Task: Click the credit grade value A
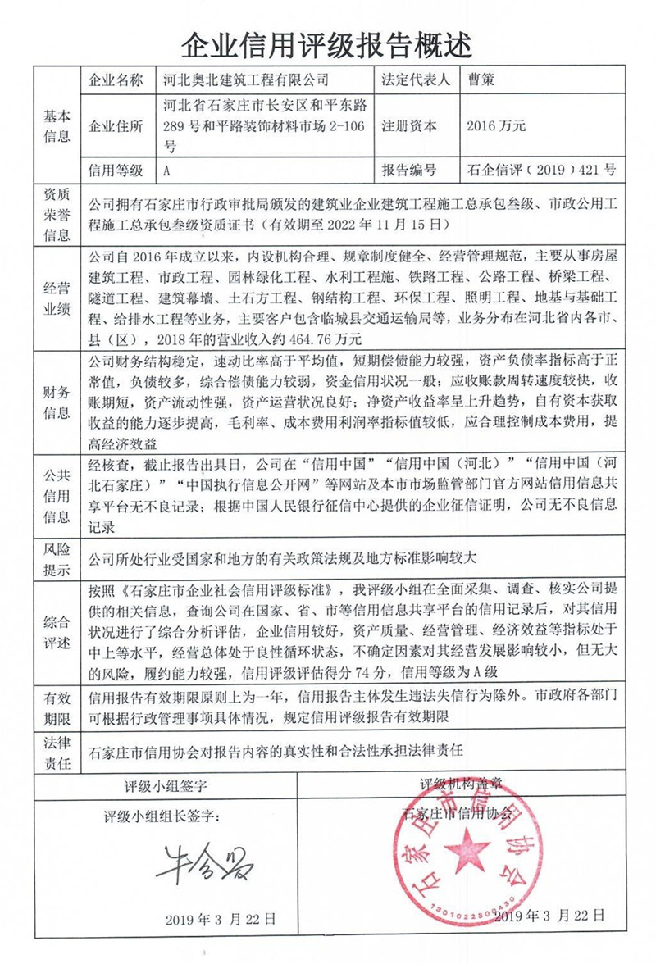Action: [167, 171]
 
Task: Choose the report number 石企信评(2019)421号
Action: [540, 171]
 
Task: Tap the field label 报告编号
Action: [408, 171]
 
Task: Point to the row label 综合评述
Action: [57, 627]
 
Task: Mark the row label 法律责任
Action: [57, 749]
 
